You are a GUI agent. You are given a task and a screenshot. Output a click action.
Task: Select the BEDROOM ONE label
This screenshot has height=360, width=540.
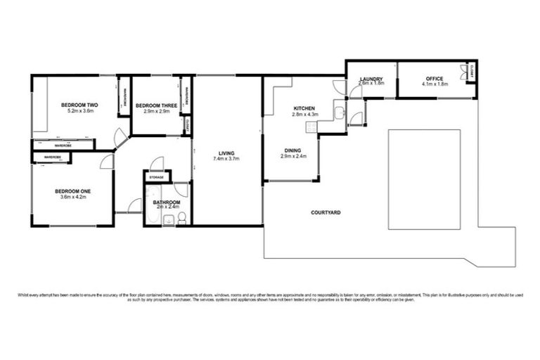point(73,191)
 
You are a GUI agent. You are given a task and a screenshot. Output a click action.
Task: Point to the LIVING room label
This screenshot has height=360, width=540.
point(226,153)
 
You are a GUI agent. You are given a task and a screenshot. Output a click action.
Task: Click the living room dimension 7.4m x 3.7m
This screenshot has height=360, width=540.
point(226,159)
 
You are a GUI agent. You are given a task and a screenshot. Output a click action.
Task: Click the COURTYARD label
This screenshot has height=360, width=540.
point(327,211)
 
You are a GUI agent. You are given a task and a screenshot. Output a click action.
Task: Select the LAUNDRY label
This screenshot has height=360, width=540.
point(371,78)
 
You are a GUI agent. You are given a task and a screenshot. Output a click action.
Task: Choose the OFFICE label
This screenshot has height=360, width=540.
point(434,78)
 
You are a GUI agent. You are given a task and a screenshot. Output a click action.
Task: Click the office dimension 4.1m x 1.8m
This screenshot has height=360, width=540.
point(434,84)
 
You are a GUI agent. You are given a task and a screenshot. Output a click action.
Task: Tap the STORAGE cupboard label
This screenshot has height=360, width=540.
point(155,176)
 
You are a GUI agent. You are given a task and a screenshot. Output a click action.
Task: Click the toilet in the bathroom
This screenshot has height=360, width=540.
point(181,220)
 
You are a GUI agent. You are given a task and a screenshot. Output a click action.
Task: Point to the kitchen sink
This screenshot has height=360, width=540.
point(339,112)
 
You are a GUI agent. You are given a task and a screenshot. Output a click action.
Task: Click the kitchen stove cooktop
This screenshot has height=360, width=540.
point(310,127)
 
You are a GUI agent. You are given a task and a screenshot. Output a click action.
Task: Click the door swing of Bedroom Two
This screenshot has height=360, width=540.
point(122,139)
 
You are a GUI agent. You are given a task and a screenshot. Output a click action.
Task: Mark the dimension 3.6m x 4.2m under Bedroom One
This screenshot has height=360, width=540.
point(73,198)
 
